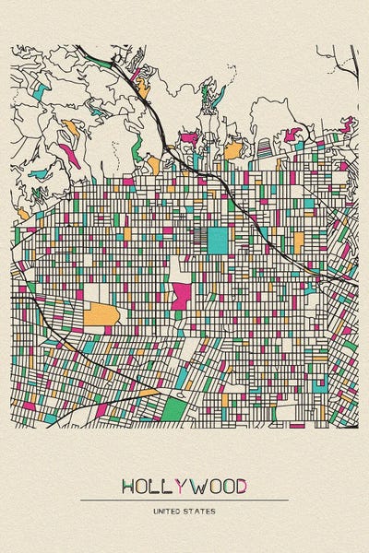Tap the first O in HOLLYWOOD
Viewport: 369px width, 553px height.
(x=142, y=486)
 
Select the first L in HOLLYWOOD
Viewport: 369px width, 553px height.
(x=155, y=486)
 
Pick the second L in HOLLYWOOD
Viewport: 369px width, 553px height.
(x=167, y=486)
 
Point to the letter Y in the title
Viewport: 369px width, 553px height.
(x=179, y=486)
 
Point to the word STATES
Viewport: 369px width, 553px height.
(x=199, y=510)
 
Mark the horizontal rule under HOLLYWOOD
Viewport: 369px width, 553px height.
(x=184, y=500)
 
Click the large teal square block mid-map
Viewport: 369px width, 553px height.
(x=217, y=240)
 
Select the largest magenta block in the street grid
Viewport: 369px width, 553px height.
(x=182, y=297)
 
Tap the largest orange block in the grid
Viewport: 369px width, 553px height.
(x=101, y=315)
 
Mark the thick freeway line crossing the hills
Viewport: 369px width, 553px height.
(x=157, y=120)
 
